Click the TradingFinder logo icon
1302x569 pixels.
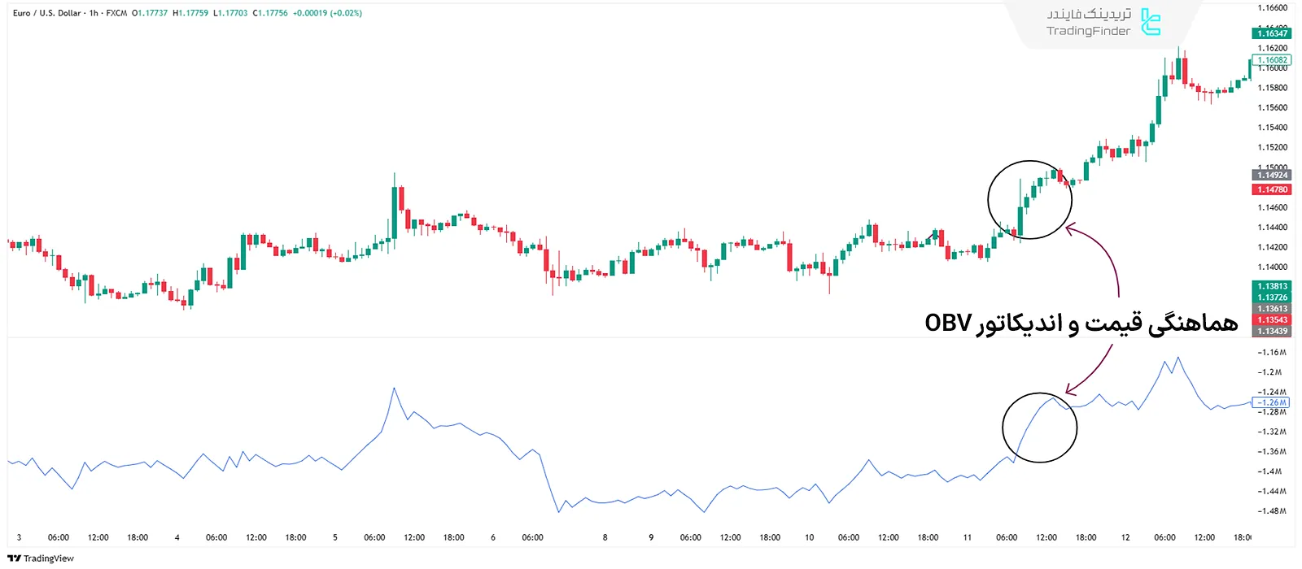coord(1151,22)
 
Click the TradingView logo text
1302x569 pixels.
coord(48,558)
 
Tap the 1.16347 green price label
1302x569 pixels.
coord(1272,33)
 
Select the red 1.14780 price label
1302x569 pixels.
coord(1272,189)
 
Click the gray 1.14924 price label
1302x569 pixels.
coord(1272,175)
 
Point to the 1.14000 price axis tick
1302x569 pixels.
coord(1273,267)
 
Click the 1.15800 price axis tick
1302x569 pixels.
coord(1273,88)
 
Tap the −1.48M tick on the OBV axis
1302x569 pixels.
coord(1271,511)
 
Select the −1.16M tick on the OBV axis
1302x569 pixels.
coord(1271,353)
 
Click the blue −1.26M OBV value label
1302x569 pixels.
coord(1271,402)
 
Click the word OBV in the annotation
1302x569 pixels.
coord(948,323)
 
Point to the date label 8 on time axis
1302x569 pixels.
coord(605,537)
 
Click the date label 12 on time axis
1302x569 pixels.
coord(1125,537)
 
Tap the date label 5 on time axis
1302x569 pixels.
coord(334,537)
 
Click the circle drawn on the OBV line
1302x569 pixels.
coord(1039,428)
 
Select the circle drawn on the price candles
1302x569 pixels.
coord(1029,200)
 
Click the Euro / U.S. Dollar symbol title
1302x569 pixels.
coord(47,13)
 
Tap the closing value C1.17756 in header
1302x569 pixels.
coord(270,13)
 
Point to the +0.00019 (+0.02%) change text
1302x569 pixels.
coord(327,13)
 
